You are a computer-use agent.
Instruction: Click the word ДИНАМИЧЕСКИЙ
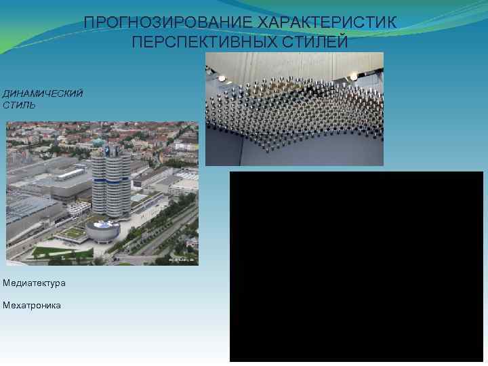[43, 93]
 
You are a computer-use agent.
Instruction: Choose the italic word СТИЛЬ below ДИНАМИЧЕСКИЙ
[19, 105]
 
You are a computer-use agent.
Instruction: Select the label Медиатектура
[35, 283]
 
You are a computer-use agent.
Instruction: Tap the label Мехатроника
[32, 305]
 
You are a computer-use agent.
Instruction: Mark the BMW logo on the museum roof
[104, 223]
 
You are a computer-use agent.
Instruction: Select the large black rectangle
[356, 266]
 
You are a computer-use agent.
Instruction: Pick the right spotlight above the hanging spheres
[354, 76]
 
